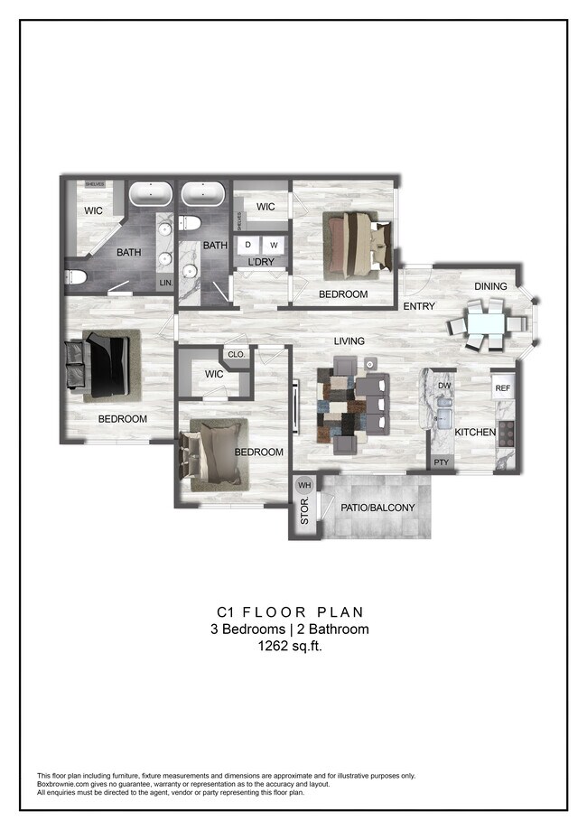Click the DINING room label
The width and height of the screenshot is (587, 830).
[490, 286]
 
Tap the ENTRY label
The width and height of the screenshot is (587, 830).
[419, 306]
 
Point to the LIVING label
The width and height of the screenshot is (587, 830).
[349, 340]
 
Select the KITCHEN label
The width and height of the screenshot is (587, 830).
[475, 433]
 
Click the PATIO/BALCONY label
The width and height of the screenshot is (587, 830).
[377, 508]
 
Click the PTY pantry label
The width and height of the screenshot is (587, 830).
[441, 462]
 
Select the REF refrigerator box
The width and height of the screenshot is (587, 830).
[502, 388]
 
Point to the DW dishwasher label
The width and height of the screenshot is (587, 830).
[443, 386]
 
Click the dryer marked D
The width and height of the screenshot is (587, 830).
[248, 245]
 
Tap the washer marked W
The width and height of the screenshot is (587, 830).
[274, 245]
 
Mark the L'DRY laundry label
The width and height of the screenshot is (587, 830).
[261, 263]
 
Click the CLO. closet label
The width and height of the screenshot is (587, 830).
[237, 355]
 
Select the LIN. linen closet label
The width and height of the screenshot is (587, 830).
[165, 283]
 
